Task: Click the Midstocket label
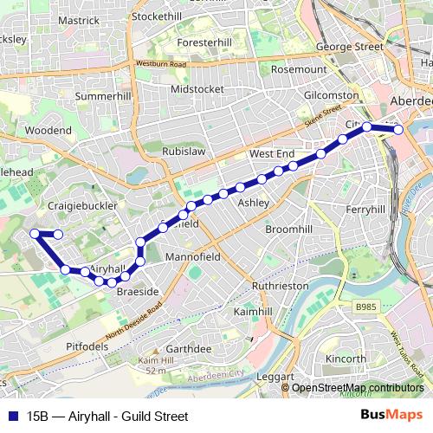tap(197, 88)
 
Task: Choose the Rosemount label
tap(299, 69)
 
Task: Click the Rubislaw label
tap(184, 151)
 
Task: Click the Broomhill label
tap(287, 229)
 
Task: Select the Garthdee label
tap(189, 348)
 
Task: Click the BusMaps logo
tap(391, 416)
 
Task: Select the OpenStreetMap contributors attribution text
tap(358, 387)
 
